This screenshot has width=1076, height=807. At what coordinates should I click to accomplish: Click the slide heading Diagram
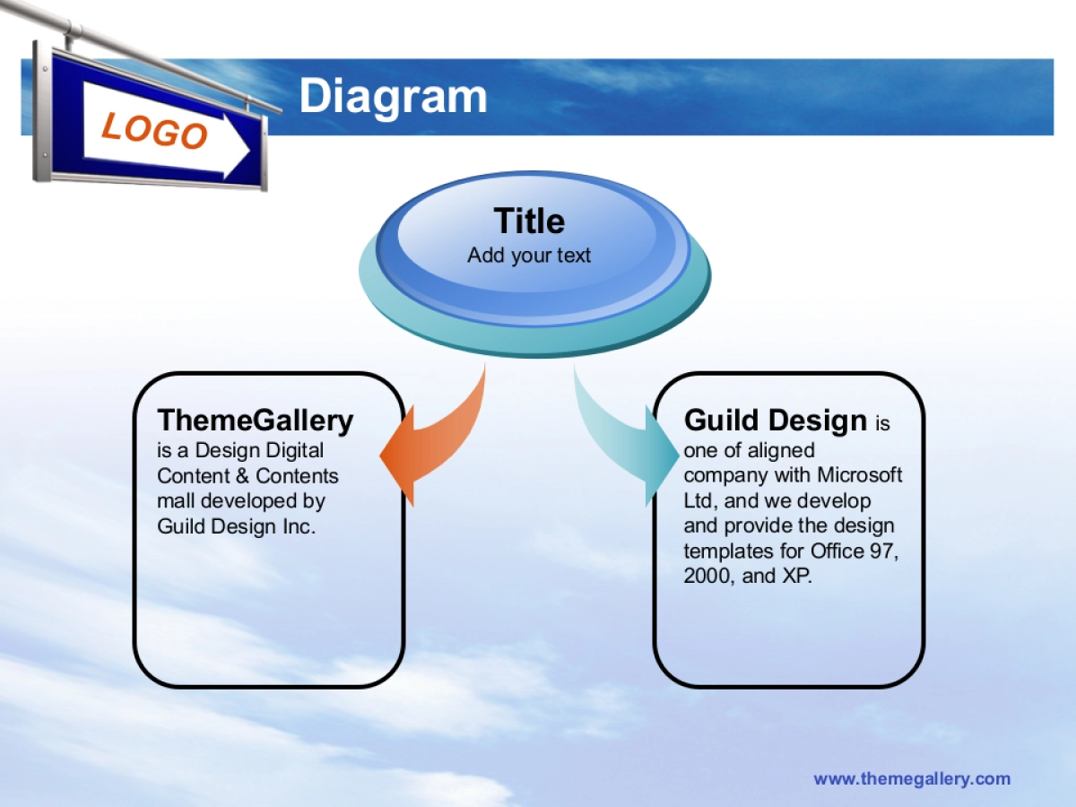click(x=393, y=97)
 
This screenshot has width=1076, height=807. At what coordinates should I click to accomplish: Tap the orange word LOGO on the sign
click(x=155, y=130)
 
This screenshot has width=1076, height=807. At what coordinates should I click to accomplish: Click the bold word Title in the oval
click(x=529, y=221)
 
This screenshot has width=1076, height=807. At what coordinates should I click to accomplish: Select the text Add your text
click(x=529, y=256)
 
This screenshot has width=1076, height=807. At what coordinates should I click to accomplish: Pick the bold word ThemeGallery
click(x=255, y=421)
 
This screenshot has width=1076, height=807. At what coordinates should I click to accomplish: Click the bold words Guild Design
click(x=776, y=421)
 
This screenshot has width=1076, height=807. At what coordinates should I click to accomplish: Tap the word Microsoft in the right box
click(x=859, y=474)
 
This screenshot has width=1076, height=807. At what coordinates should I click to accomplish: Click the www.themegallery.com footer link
click(x=912, y=778)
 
